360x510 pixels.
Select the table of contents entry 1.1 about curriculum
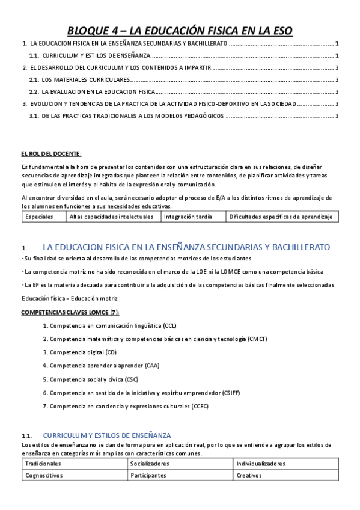pyautogui.click(x=91, y=55)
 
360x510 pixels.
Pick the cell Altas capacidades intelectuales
pyautogui.click(x=112, y=217)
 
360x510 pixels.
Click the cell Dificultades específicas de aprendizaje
pyautogui.click(x=280, y=217)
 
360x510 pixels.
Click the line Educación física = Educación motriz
pyautogui.click(x=70, y=298)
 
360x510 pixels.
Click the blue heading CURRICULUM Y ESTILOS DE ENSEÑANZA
pyautogui.click(x=107, y=435)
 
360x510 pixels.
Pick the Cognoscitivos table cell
pyautogui.click(x=44, y=475)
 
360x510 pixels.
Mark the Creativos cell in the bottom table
pyautogui.click(x=249, y=475)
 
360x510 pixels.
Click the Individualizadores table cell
pyautogui.click(x=261, y=464)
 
